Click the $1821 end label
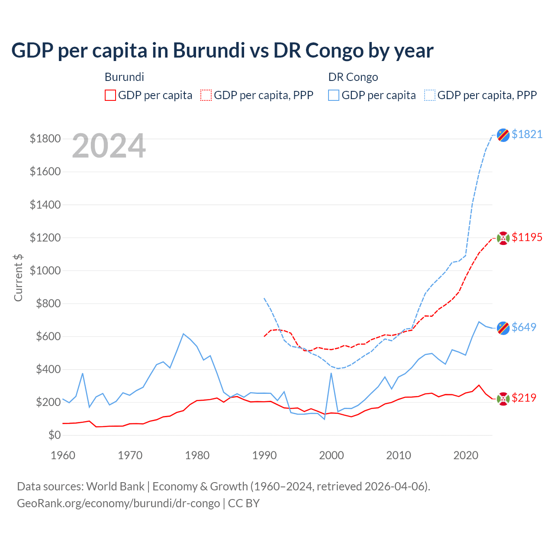527,135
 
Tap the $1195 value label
527,238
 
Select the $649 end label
524,327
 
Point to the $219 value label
524,398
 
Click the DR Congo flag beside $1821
503,135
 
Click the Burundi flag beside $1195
503,238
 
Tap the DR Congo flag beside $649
503,328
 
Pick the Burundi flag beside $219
503,399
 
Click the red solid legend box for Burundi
110,95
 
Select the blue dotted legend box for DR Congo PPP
430,95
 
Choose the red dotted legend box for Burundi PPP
206,95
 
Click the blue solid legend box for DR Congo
334,95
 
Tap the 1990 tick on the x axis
264,455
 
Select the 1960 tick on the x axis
63,455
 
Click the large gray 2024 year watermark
109,146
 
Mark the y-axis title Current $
18,277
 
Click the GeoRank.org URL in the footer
118,503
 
